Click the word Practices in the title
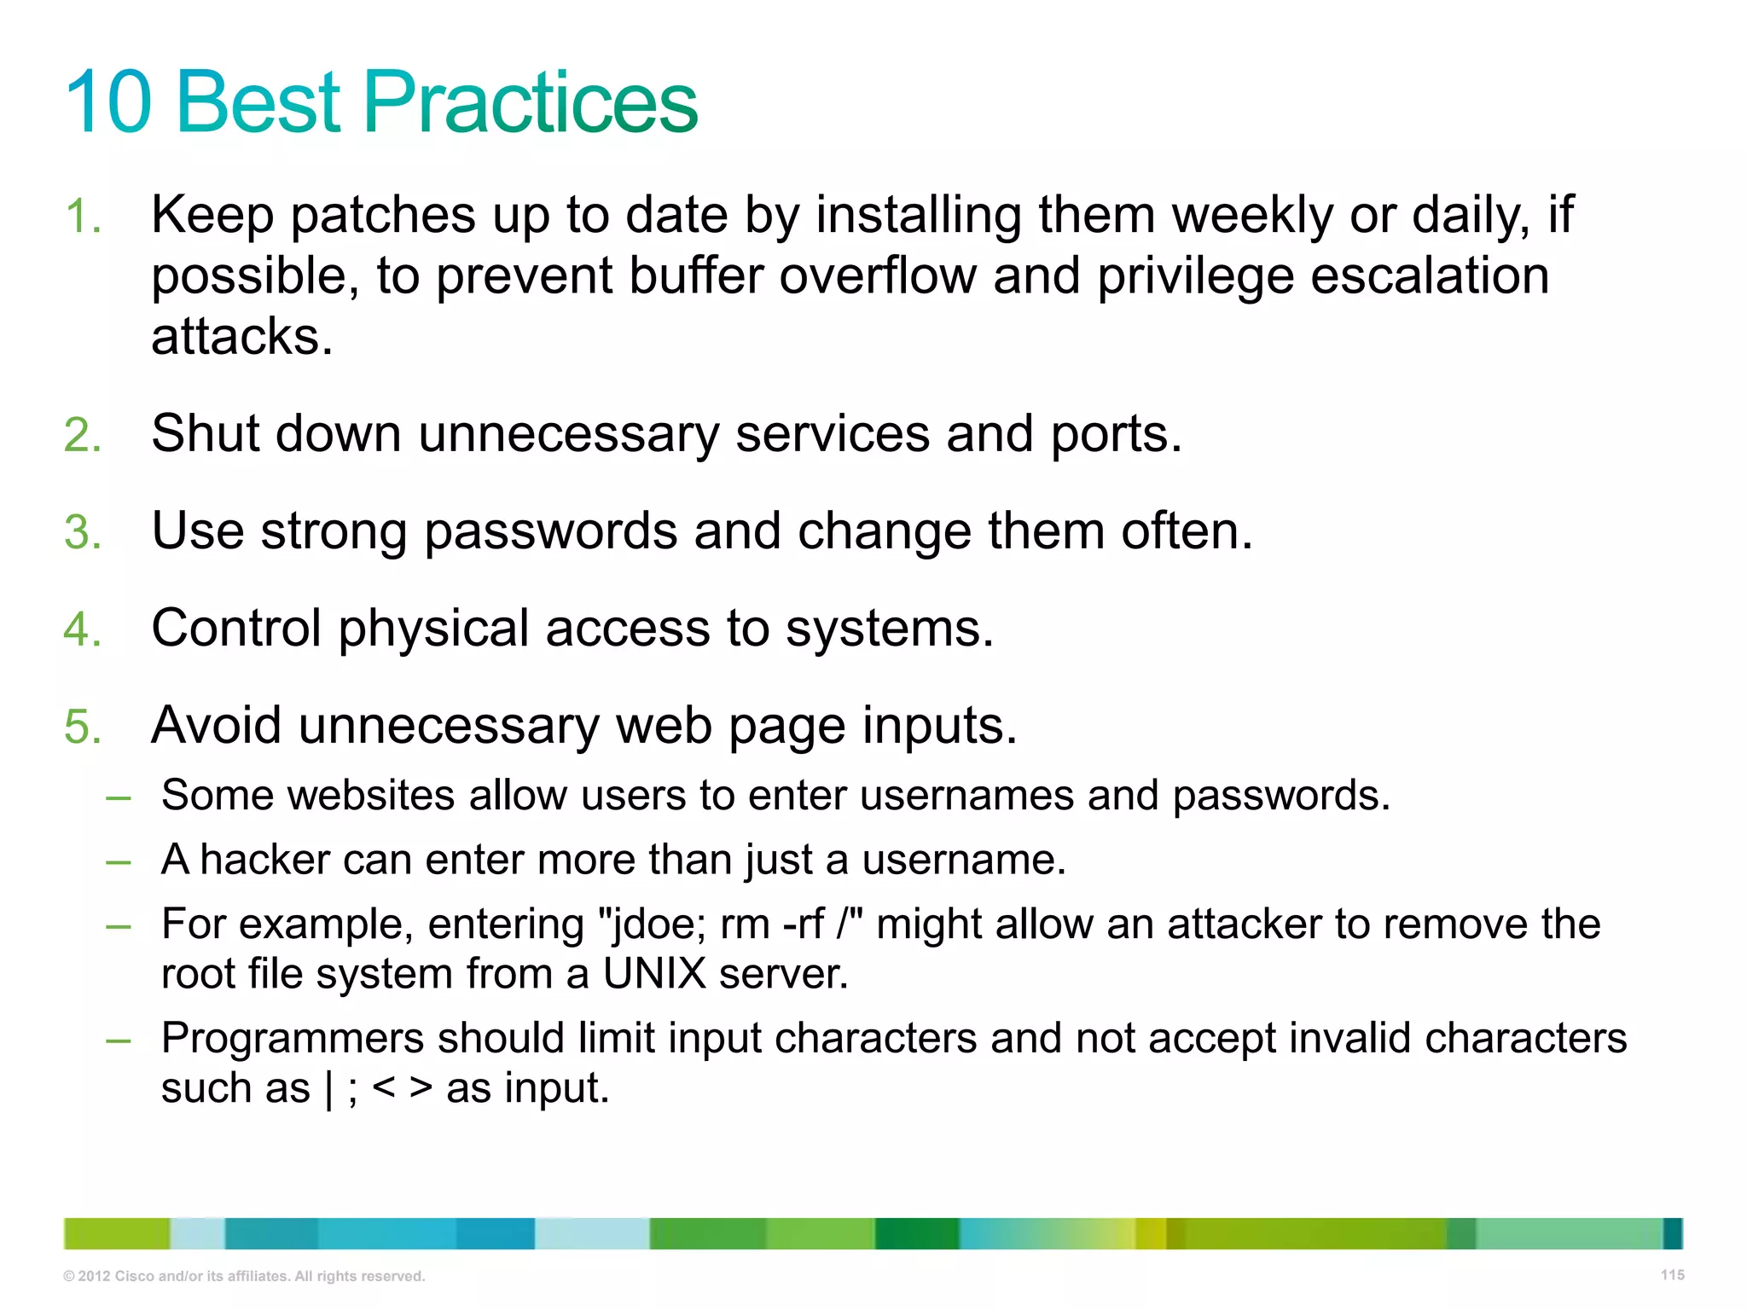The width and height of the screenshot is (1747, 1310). [x=531, y=102]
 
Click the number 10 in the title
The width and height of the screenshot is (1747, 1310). [x=108, y=102]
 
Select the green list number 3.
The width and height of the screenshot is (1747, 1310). [x=82, y=532]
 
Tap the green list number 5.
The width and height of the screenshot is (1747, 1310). [x=82, y=727]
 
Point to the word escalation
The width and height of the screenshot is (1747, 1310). [x=1430, y=276]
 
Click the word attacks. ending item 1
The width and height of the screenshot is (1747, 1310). [x=241, y=337]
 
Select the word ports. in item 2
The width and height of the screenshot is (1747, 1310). [x=1116, y=435]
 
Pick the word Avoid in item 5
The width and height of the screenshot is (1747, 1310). [x=216, y=726]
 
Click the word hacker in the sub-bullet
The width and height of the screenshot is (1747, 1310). [x=264, y=859]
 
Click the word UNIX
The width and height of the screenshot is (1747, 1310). [x=654, y=974]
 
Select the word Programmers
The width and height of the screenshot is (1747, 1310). [x=293, y=1039]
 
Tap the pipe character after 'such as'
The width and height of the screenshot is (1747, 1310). [x=329, y=1089]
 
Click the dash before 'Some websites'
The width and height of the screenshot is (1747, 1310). [x=118, y=797]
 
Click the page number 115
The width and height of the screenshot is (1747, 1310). [x=1672, y=1275]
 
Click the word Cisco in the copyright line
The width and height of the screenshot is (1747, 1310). [x=134, y=1277]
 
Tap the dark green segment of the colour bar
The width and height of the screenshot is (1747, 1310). [x=917, y=1234]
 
